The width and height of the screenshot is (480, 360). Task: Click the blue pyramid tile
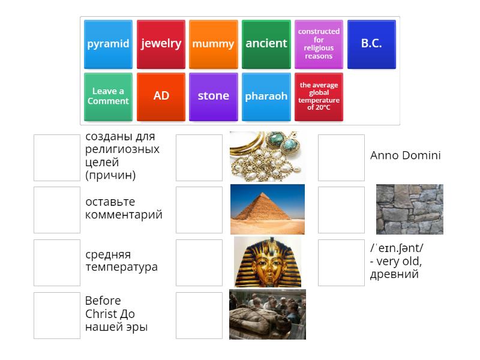(x=108, y=44)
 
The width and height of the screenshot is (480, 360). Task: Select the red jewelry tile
(x=161, y=44)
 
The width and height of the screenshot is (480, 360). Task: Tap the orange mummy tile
(x=213, y=44)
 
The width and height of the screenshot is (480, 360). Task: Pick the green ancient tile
(x=266, y=44)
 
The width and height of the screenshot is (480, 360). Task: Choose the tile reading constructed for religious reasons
(x=319, y=44)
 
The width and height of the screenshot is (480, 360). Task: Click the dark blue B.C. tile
(x=371, y=44)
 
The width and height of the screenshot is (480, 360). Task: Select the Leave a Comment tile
(x=108, y=97)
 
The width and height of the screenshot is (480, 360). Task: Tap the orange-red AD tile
(x=161, y=97)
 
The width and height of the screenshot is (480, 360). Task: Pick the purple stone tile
(x=213, y=97)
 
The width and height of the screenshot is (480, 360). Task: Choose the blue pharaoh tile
(x=266, y=97)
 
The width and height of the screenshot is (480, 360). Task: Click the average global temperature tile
(x=319, y=97)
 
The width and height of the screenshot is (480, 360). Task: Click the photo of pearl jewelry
(x=267, y=157)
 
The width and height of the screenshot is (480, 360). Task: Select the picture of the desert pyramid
(x=267, y=209)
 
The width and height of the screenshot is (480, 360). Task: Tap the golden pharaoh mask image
(x=267, y=262)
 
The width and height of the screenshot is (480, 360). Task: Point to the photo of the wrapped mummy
(x=267, y=314)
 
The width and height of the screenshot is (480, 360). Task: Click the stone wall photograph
(x=409, y=209)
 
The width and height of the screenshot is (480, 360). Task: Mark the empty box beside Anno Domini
(x=341, y=157)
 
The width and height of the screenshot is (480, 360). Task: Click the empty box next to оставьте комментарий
(x=57, y=209)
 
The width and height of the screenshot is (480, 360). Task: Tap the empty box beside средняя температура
(x=57, y=262)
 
